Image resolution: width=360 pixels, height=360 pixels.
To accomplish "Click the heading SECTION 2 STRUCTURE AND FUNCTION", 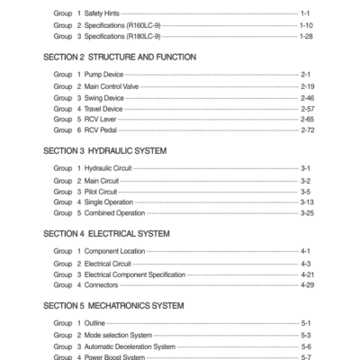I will (119, 56).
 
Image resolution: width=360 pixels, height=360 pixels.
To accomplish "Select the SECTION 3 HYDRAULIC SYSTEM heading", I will (104, 151).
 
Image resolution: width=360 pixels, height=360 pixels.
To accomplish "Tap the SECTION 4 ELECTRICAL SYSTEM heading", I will (105, 233).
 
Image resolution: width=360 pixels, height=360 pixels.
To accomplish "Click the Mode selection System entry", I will (129, 334).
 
